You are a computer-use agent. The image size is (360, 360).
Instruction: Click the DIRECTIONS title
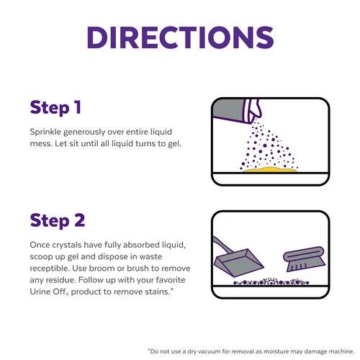tap(180, 37)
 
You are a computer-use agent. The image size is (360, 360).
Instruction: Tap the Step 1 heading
tap(55, 108)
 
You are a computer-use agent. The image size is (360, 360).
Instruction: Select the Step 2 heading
tap(58, 221)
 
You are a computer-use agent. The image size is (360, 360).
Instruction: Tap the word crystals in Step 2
tap(67, 246)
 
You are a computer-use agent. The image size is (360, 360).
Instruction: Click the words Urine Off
tap(49, 292)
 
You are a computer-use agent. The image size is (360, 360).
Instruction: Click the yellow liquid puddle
tap(270, 170)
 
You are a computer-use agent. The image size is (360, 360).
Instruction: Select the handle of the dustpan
tap(222, 246)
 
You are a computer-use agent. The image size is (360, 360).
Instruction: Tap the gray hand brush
tap(304, 258)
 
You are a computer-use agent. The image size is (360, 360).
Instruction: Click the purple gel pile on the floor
tap(271, 282)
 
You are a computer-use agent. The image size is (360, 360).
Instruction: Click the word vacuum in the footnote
tap(209, 351)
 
